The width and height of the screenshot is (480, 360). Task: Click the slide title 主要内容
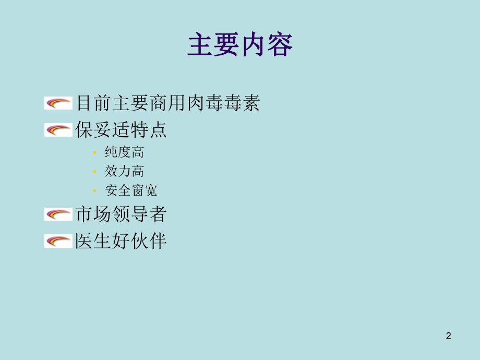[240, 45]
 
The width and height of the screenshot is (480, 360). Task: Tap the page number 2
[448, 336]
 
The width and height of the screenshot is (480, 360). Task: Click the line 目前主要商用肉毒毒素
[167, 103]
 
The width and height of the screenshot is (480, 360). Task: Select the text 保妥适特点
[121, 130]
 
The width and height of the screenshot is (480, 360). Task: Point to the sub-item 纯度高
[124, 152]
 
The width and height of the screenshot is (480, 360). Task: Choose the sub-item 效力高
[124, 171]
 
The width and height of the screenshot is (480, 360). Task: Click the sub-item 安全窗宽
[131, 190]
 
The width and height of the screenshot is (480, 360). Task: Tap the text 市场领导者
[121, 214]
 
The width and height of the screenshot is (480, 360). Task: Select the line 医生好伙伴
[121, 241]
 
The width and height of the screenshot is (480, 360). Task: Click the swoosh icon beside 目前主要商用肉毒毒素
[58, 103]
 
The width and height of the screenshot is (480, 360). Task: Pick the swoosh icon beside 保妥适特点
[58, 130]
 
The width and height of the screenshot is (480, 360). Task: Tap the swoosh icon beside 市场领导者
[58, 214]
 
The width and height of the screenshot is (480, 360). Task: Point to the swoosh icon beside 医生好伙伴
[58, 241]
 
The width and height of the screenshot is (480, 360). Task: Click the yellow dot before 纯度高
[94, 153]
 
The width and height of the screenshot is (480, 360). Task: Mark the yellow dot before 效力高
[94, 172]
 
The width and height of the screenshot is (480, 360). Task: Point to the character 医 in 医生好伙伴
[84, 241]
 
